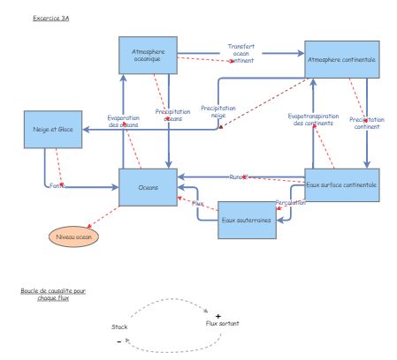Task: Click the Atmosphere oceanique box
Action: [x=148, y=56]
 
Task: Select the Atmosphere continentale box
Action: [x=341, y=59]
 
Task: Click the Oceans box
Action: [x=149, y=187]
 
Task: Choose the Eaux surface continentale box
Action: [x=341, y=185]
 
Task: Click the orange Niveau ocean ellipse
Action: [x=73, y=236]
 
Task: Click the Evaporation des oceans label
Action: [x=124, y=122]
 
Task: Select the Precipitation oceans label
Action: [x=173, y=116]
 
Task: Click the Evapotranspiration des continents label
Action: [x=312, y=119]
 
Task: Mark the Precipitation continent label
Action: [x=365, y=123]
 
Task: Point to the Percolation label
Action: [x=290, y=202]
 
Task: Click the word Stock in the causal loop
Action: [x=119, y=326]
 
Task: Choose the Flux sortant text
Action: [x=222, y=324]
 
